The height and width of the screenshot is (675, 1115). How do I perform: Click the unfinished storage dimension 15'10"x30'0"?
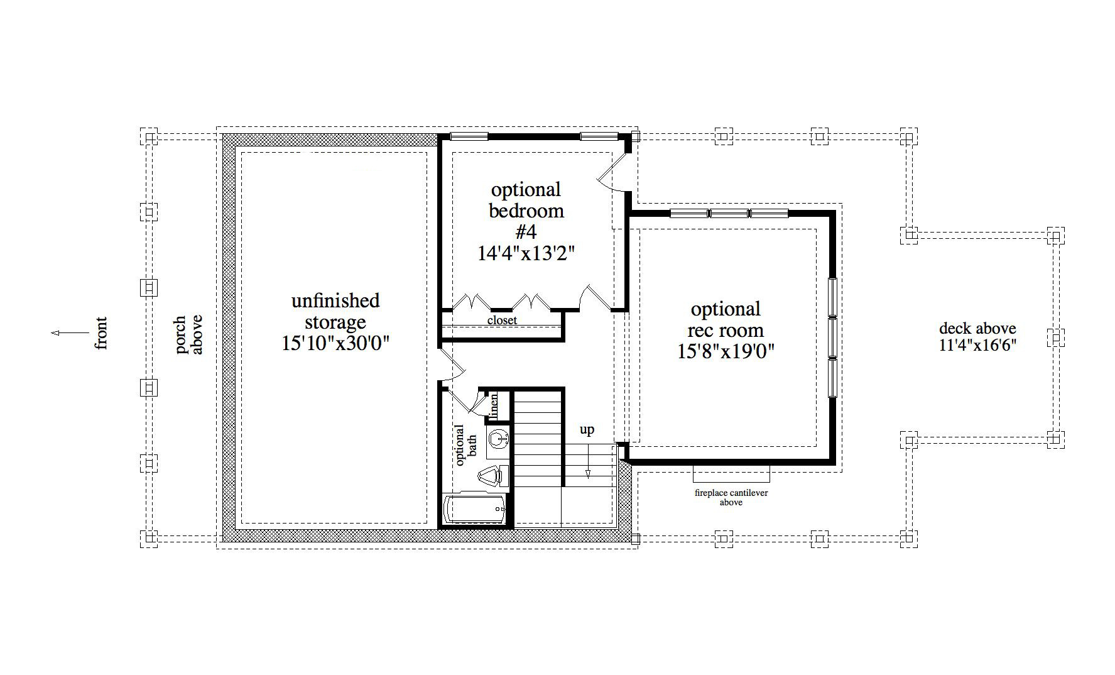pos(335,344)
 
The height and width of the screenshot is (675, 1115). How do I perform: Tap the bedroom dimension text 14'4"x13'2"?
pos(526,253)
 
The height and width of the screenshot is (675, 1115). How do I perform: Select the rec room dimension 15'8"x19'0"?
pos(726,351)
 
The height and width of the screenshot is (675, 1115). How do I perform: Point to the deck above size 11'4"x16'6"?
pos(977,345)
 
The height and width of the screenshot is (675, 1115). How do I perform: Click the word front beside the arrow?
pos(101,333)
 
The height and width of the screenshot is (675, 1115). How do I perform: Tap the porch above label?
pos(188,334)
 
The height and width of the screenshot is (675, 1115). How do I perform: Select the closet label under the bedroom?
pos(502,321)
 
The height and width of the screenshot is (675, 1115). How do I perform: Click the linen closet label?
pos(494,406)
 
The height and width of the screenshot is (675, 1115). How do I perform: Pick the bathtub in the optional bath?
pos(474,508)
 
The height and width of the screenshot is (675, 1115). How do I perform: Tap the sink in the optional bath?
pos(498,439)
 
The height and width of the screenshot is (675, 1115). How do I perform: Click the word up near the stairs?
pos(587,430)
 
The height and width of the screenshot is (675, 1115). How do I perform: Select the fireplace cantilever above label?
pos(731,497)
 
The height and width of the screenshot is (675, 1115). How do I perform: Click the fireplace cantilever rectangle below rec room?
pos(731,472)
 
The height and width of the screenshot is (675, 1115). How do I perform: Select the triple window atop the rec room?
pos(729,214)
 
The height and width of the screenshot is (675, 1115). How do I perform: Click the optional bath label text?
pos(465,444)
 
